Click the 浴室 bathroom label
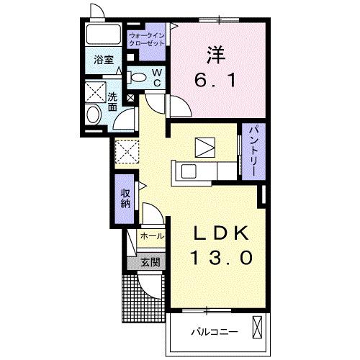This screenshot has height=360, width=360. tap(104, 60)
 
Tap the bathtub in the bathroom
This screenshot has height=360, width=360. tap(104, 34)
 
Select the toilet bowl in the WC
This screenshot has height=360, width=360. tap(137, 77)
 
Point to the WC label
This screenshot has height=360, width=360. tap(157, 78)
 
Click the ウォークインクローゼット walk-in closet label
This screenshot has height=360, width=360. tap(147, 40)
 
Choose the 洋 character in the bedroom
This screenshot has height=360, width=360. tap(216, 55)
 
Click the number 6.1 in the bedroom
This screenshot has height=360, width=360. tap(215, 80)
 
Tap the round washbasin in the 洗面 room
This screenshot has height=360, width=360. tap(94, 114)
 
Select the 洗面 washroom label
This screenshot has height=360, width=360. tap(112, 102)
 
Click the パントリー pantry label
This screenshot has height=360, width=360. tap(254, 151)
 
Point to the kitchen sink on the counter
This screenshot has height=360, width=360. tap(189, 171)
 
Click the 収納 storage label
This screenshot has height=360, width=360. tap(125, 198)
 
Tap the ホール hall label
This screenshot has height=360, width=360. tap(152, 236)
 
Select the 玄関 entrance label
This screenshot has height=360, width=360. tap(150, 262)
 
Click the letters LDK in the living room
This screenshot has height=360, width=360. tap(221, 233)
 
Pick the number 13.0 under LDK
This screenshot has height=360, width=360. tap(221, 258)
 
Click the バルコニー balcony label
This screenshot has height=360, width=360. tap(215, 332)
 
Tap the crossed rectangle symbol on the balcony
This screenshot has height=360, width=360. tap(257, 328)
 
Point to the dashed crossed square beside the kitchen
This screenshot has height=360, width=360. tap(127, 152)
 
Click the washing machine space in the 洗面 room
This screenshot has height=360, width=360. tap(95, 92)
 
